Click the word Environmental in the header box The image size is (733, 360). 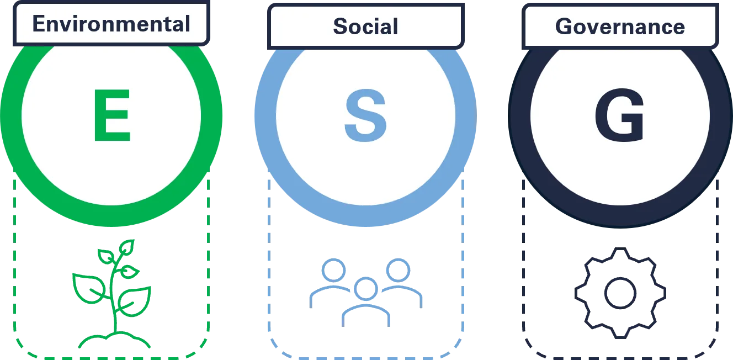click(111, 24)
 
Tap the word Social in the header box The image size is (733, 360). click(365, 26)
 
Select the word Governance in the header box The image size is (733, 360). click(620, 27)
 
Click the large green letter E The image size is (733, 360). click(112, 115)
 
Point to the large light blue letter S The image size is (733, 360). click(365, 115)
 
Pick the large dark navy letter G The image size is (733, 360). click(619, 115)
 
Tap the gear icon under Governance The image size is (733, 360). click(620, 293)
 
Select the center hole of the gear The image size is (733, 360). click(620, 293)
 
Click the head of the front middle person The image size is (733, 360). click(366, 289)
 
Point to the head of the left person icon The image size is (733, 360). click(333, 270)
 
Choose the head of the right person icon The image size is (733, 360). click(398, 270)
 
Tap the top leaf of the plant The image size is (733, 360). click(127, 247)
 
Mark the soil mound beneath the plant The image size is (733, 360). click(114, 340)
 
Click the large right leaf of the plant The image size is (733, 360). click(135, 301)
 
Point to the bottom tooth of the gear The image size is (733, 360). click(620, 332)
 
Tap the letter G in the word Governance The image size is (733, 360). click(565, 26)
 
